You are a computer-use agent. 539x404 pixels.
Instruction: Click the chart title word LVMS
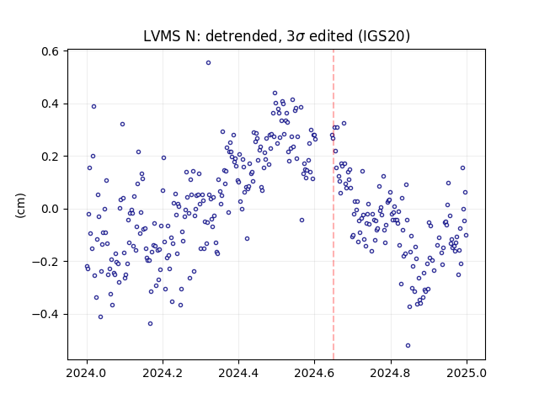point(162,36)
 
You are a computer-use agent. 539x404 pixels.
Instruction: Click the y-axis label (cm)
point(20,205)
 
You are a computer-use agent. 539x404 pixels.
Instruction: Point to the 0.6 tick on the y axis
point(51,51)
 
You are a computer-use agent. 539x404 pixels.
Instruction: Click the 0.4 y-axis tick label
point(51,104)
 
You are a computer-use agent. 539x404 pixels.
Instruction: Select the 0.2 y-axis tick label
point(51,157)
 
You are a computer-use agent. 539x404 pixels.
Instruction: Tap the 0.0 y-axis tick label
point(51,209)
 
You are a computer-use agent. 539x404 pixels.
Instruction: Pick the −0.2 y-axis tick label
point(45,262)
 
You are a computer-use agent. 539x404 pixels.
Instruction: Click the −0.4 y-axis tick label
point(45,314)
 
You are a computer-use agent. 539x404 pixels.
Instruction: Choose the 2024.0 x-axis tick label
point(87,373)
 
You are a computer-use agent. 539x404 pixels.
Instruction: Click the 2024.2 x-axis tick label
point(163,373)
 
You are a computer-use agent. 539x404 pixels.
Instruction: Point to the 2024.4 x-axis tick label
point(238,373)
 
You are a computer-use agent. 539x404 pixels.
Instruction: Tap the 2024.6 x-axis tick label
point(314,373)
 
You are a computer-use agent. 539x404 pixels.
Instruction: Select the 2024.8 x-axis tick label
point(391,373)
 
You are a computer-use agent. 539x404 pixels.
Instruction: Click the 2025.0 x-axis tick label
point(467,373)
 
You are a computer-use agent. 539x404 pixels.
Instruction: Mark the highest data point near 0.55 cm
point(208,63)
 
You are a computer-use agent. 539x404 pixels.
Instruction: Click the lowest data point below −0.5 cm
point(408,346)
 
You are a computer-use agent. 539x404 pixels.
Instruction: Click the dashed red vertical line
point(334,205)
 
